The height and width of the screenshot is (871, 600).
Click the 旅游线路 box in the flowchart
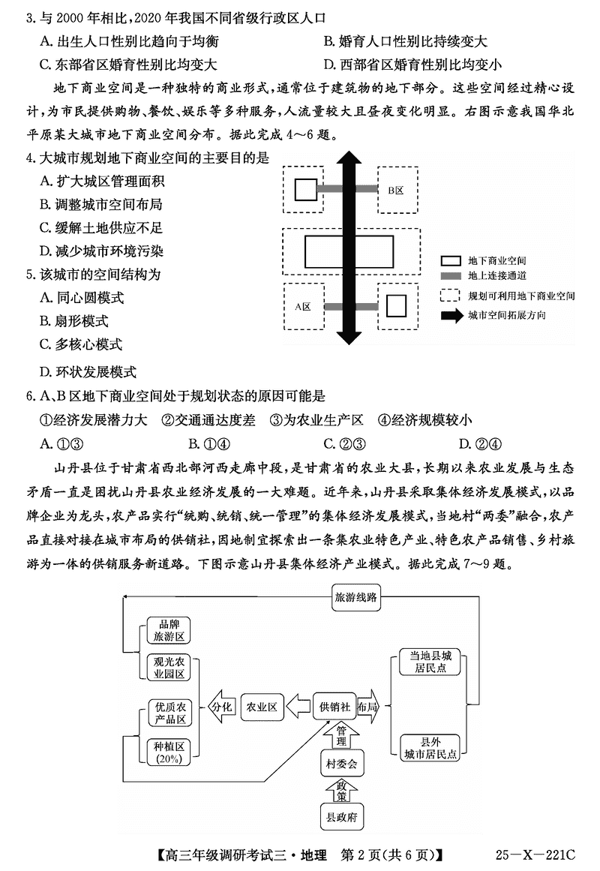click(357, 599)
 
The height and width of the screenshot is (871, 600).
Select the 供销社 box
click(334, 707)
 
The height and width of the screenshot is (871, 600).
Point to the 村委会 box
click(341, 764)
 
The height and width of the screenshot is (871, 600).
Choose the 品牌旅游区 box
click(169, 630)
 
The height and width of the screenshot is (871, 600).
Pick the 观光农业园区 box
click(169, 667)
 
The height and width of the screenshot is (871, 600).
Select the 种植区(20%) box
click(169, 752)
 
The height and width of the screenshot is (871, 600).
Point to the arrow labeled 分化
click(222, 707)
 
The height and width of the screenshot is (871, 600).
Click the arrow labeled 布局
click(367, 707)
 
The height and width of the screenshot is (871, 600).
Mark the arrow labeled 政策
click(341, 791)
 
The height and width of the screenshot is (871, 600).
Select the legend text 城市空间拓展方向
click(506, 315)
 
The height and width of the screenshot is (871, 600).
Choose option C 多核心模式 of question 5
click(81, 344)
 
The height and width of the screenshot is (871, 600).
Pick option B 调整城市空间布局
click(101, 204)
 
